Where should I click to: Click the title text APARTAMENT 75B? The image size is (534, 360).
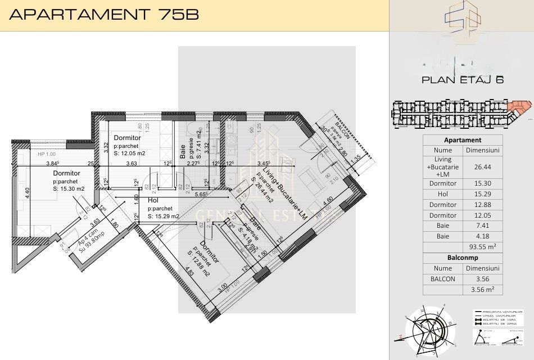[x=103, y=15]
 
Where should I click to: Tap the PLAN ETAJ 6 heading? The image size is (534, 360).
[x=462, y=80]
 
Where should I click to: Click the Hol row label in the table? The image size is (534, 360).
[x=442, y=194]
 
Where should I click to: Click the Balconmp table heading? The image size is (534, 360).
[x=462, y=258]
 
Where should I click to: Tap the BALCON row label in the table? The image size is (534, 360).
[x=442, y=278]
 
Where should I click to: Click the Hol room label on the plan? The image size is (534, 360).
[x=153, y=200]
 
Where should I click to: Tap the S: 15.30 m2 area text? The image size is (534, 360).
[x=69, y=189]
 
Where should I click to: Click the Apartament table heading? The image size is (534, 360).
[x=462, y=140]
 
